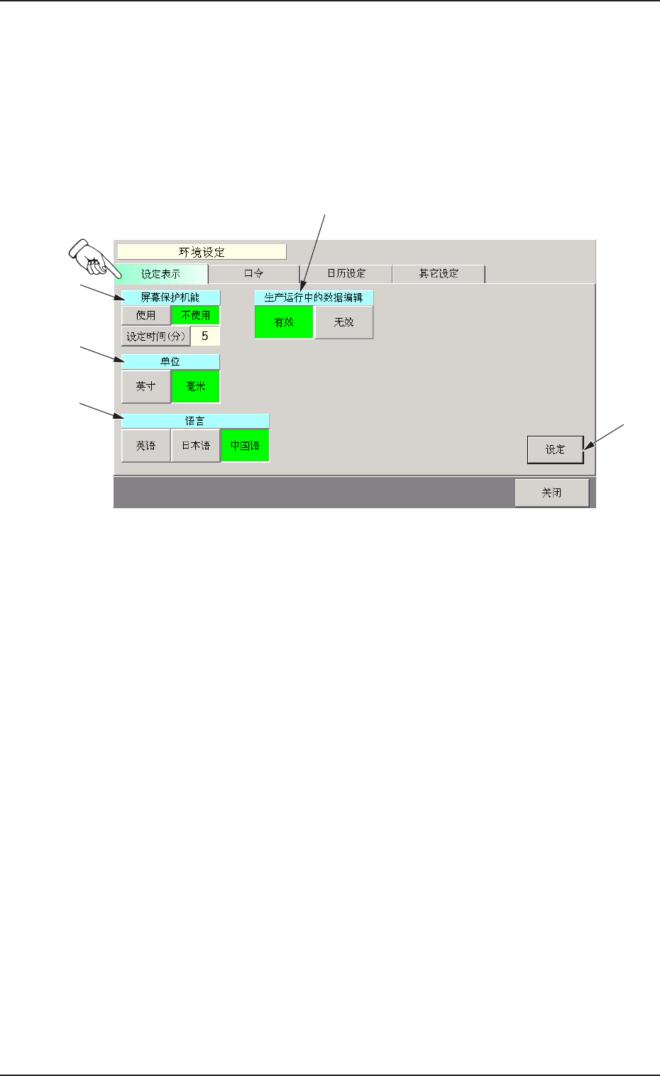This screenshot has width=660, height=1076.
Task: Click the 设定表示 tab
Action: tap(161, 274)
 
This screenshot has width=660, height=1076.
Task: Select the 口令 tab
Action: tap(253, 273)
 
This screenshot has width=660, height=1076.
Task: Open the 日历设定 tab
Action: tap(346, 273)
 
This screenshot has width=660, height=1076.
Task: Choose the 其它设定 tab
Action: tap(439, 273)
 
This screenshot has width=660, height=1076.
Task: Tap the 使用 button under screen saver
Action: tap(146, 315)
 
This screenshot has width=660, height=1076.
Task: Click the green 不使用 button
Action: tap(196, 315)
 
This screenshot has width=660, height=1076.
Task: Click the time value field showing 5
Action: tap(205, 336)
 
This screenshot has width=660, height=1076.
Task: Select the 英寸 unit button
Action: tap(146, 386)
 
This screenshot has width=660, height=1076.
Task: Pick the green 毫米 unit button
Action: tap(196, 386)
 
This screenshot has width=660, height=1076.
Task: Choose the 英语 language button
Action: tap(146, 446)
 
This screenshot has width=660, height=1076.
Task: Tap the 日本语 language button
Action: tap(196, 446)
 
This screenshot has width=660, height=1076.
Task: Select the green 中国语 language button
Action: tap(245, 446)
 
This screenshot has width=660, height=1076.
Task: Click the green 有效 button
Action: tap(284, 322)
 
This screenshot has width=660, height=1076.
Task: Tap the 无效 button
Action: tap(344, 322)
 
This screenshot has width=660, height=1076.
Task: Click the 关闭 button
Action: tap(551, 493)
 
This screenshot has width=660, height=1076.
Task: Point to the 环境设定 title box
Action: tap(202, 252)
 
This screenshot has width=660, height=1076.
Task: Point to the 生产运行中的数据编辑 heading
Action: tap(314, 297)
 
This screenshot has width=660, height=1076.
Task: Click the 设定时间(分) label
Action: tap(155, 336)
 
